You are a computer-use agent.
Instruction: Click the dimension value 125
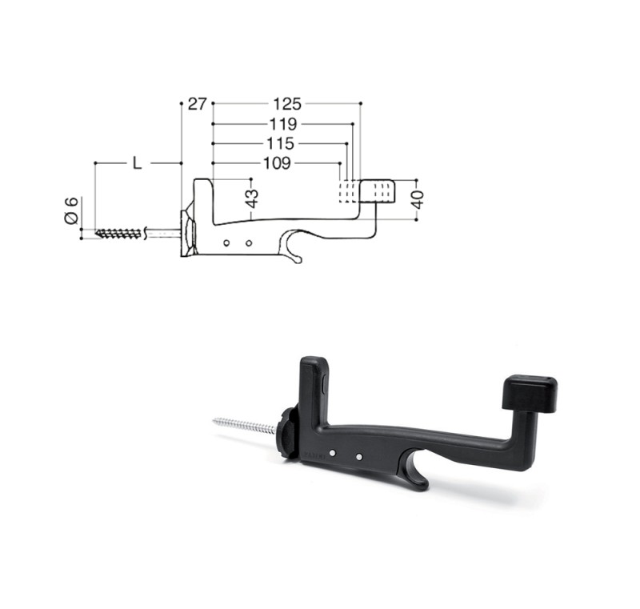point(287,104)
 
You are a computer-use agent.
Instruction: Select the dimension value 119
point(283,124)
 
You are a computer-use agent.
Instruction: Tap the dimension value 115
point(280,143)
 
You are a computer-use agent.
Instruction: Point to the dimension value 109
point(277,163)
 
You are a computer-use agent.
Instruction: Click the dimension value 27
point(198,104)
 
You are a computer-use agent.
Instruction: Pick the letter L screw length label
point(137,163)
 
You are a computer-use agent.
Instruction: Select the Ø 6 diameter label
point(71,210)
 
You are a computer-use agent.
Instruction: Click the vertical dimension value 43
point(253,198)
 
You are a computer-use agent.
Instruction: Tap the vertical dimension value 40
point(418,199)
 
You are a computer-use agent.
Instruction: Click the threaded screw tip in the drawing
point(119,234)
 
